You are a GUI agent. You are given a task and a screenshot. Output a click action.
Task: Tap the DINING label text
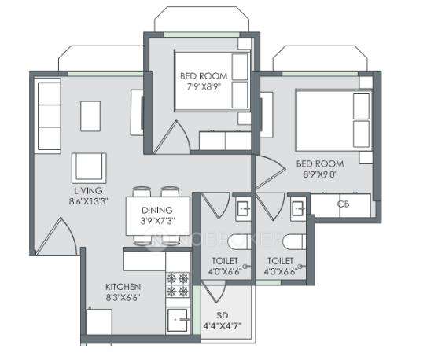pos(157,211)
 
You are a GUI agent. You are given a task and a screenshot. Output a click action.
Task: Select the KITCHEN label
pos(123,287)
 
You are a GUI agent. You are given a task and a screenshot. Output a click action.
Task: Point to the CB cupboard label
pos(342,204)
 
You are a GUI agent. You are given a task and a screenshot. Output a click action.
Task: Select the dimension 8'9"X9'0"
pos(316,176)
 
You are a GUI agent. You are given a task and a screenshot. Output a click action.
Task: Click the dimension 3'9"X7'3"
pos(157,222)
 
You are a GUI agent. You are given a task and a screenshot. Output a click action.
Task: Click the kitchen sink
pos(178,320)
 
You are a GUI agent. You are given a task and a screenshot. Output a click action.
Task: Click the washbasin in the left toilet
pos(243,208)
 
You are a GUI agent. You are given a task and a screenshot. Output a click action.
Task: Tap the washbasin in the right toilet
pos(298,208)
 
